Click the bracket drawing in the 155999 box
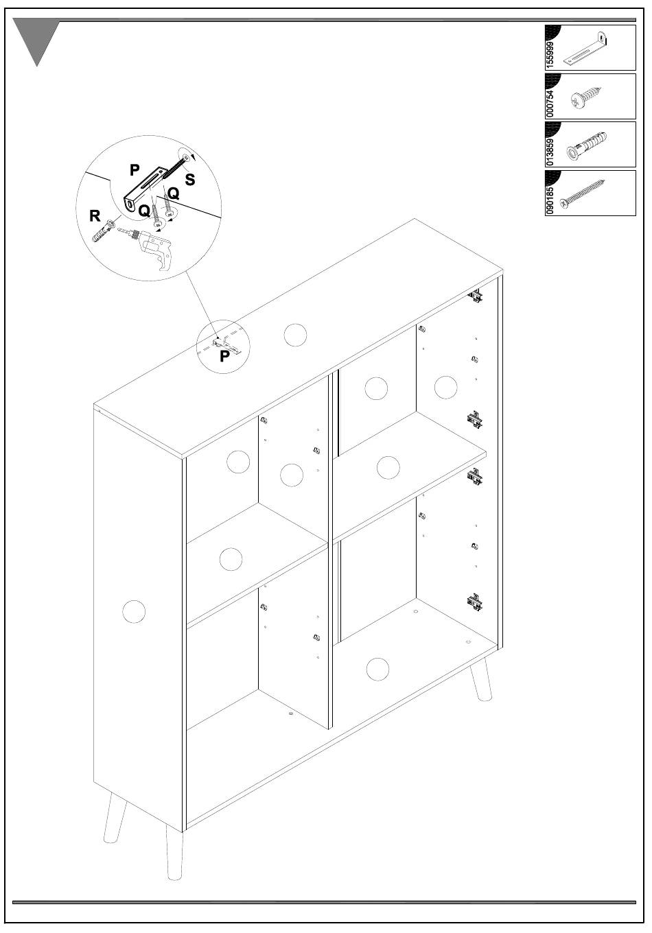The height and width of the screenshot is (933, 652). pyautogui.click(x=587, y=48)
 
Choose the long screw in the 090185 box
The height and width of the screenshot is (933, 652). pyautogui.click(x=583, y=194)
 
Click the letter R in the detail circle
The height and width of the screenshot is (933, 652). pyautogui.click(x=95, y=217)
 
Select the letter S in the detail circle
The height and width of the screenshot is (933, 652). pyautogui.click(x=190, y=180)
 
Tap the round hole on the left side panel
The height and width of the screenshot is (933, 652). pyautogui.click(x=133, y=611)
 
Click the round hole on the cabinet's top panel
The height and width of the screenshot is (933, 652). pyautogui.click(x=295, y=335)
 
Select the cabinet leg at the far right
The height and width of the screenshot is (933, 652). pyautogui.click(x=482, y=681)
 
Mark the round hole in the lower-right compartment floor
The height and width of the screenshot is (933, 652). pyautogui.click(x=378, y=668)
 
